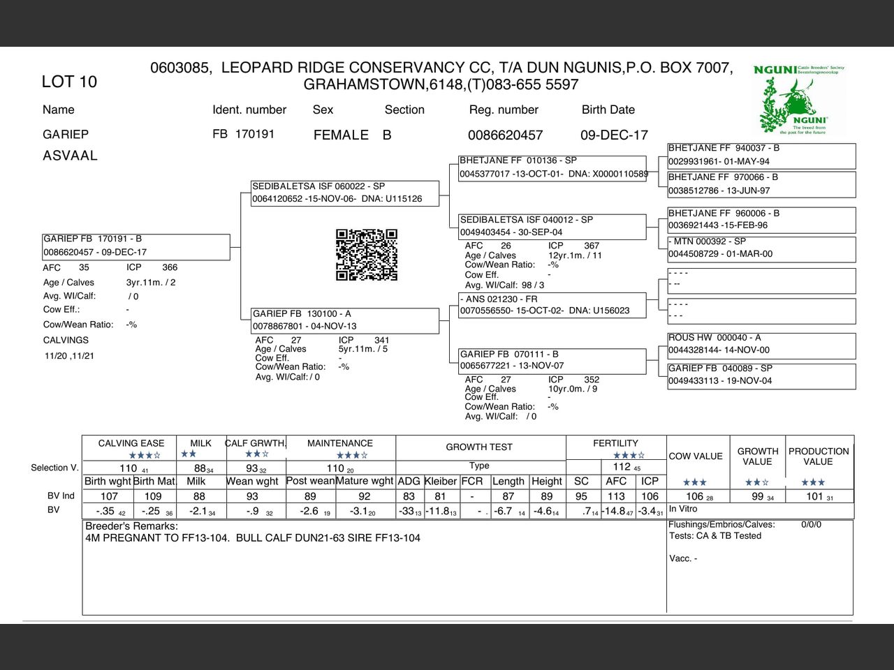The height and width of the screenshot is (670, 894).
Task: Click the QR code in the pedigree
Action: pos(367,255)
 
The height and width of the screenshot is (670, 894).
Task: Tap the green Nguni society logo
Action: pos(799,100)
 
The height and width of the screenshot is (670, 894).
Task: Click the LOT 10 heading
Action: pos(69,82)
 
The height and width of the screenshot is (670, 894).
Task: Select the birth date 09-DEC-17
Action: pos(614,135)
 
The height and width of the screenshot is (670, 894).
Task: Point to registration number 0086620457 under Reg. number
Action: pos(505,135)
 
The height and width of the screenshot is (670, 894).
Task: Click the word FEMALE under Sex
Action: pos(341,135)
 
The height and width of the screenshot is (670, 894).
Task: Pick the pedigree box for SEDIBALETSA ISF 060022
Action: pos(345,193)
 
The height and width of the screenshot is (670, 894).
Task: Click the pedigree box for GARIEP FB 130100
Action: pos(345,320)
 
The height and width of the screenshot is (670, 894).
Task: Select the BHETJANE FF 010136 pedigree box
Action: pos(552,167)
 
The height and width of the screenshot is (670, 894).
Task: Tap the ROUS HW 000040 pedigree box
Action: pos(761,344)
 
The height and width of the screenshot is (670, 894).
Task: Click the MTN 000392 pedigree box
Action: pos(761,248)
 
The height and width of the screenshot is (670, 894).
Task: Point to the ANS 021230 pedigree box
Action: pos(552,305)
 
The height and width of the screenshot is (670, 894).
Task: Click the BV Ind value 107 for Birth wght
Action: pos(109,496)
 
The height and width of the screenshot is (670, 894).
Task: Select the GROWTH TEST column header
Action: pos(479,447)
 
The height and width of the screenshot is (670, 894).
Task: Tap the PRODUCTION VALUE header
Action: pos(819,456)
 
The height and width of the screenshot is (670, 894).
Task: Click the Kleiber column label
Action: pos(440,481)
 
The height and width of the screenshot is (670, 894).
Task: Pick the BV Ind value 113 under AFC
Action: pos(616,496)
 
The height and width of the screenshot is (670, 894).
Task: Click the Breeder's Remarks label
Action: pos(131,526)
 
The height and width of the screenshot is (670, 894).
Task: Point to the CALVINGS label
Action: pos(66,341)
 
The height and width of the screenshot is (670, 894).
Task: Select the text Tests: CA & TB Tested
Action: pos(715,536)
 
